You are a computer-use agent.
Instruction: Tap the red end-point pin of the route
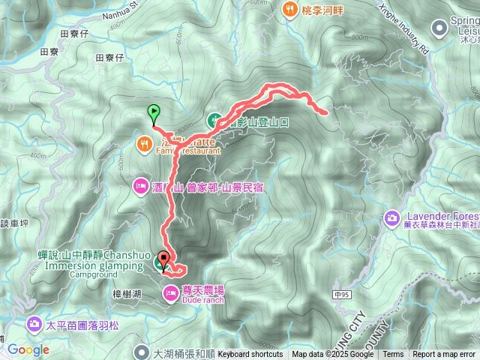(x=163, y=259)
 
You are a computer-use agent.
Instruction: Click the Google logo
(x=28, y=349)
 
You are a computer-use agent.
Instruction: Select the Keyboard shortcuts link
(x=250, y=355)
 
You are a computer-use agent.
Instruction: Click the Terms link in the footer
(x=393, y=355)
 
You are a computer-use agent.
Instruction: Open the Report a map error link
(x=444, y=355)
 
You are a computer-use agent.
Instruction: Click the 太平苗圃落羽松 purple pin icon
(x=34, y=325)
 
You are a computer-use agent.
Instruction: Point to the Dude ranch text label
(x=202, y=301)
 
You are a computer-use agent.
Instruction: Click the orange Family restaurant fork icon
(x=144, y=142)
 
